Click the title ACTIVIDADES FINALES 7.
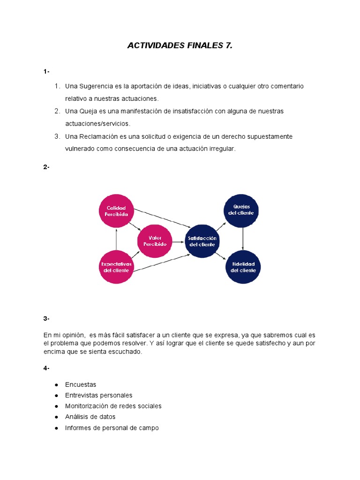point(180,45)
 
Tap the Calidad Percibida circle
point(116,210)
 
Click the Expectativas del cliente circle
point(116,267)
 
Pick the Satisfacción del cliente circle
point(202,241)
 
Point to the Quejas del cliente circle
point(243,210)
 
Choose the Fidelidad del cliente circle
point(243,267)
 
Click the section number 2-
point(46,167)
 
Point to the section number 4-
point(46,368)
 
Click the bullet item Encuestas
point(81,384)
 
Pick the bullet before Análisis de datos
point(56,417)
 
